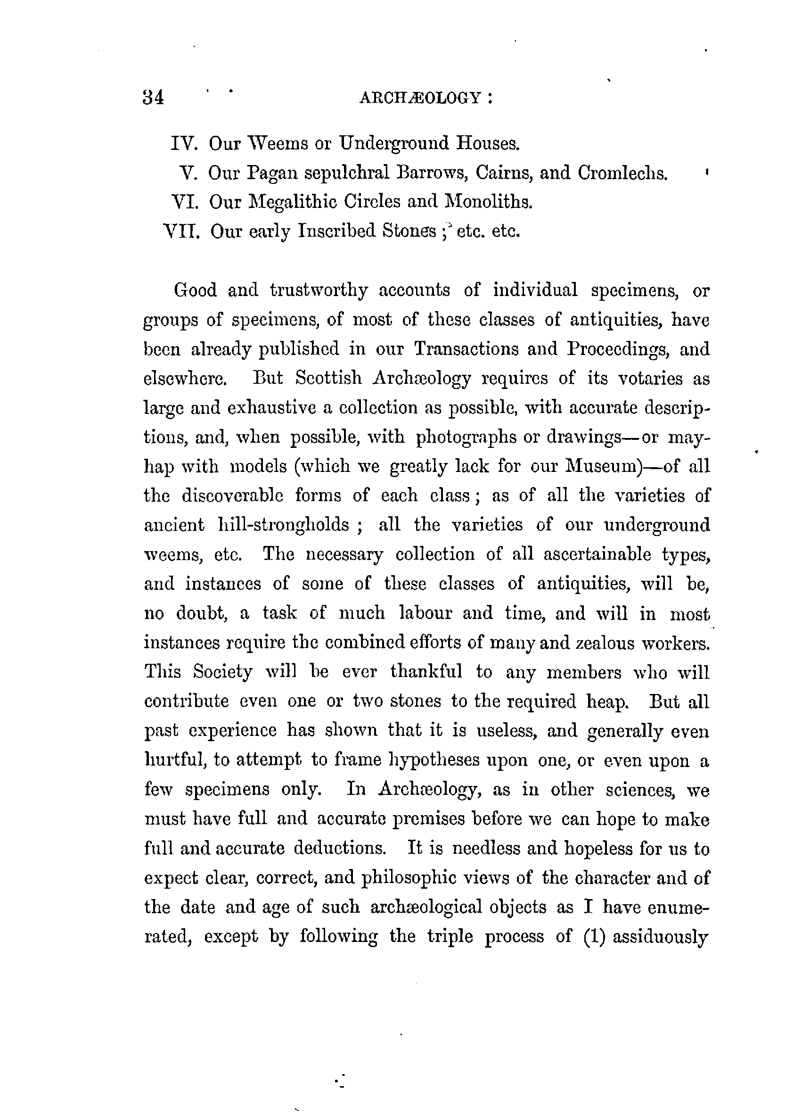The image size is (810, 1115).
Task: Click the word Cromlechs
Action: [623, 173]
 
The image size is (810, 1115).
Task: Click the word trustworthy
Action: [319, 290]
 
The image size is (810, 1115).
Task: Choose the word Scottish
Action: [329, 378]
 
